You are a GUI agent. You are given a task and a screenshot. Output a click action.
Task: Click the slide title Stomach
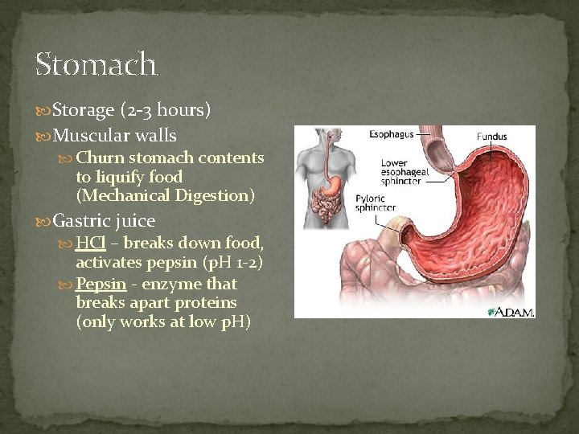click(96, 63)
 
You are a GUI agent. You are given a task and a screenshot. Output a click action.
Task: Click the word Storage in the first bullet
click(85, 110)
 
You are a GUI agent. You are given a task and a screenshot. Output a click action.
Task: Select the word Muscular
click(84, 136)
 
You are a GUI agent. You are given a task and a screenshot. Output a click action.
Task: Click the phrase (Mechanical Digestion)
click(165, 195)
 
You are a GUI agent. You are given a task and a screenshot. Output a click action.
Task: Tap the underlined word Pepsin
click(101, 284)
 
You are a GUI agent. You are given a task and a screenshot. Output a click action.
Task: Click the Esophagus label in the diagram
click(392, 135)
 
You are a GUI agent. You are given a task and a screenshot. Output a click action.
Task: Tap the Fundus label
click(492, 137)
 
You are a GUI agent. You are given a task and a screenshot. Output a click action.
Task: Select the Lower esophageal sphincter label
click(400, 173)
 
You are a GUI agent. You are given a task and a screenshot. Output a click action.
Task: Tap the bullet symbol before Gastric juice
click(45, 221)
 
